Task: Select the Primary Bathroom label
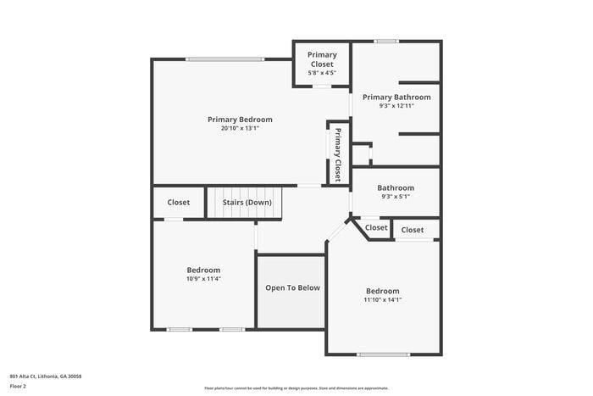(396, 97)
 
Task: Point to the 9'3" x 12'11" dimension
(396, 106)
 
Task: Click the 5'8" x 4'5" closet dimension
(321, 72)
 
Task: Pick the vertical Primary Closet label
(337, 154)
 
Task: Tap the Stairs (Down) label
(247, 203)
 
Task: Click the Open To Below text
(292, 287)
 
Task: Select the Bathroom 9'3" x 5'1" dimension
(396, 197)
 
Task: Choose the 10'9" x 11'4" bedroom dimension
(203, 279)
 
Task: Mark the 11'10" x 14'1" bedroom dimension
(383, 299)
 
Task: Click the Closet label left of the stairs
(179, 203)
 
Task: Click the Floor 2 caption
(19, 386)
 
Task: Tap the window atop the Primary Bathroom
(386, 41)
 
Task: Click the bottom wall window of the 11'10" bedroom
(383, 354)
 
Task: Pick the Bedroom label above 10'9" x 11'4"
(203, 270)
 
